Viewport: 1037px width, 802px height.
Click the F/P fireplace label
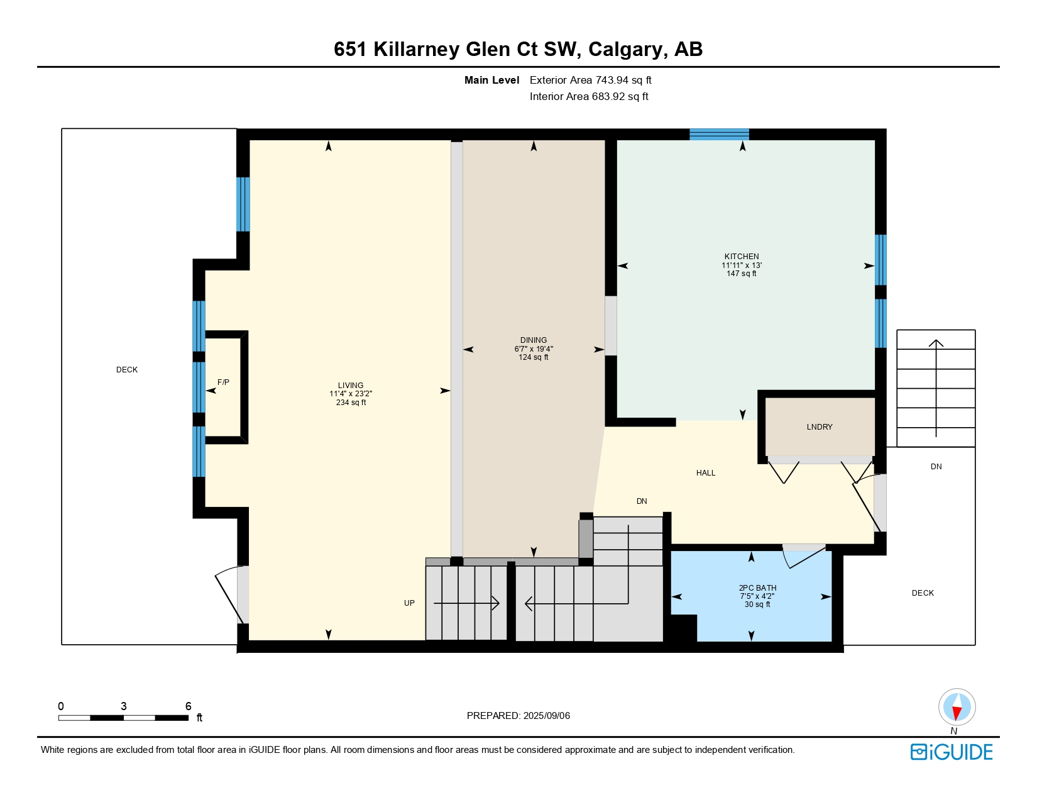(223, 382)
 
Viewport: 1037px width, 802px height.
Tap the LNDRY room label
(819, 426)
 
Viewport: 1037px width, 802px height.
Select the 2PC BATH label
(757, 588)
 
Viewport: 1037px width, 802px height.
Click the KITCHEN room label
(742, 256)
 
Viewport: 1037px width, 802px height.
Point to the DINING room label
(533, 340)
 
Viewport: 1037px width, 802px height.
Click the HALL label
(705, 472)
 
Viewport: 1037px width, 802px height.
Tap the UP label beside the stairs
(409, 603)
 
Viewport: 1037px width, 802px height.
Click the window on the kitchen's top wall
(719, 134)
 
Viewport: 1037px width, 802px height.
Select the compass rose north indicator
(957, 707)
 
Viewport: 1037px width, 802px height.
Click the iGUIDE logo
(952, 752)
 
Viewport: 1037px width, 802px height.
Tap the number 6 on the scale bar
(188, 706)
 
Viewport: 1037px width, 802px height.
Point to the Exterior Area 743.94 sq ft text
(590, 80)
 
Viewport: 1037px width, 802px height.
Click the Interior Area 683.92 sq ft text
(589, 96)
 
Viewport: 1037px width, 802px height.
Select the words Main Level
(491, 80)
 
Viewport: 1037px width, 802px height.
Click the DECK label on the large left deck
(126, 369)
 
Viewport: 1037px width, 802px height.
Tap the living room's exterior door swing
(230, 594)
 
